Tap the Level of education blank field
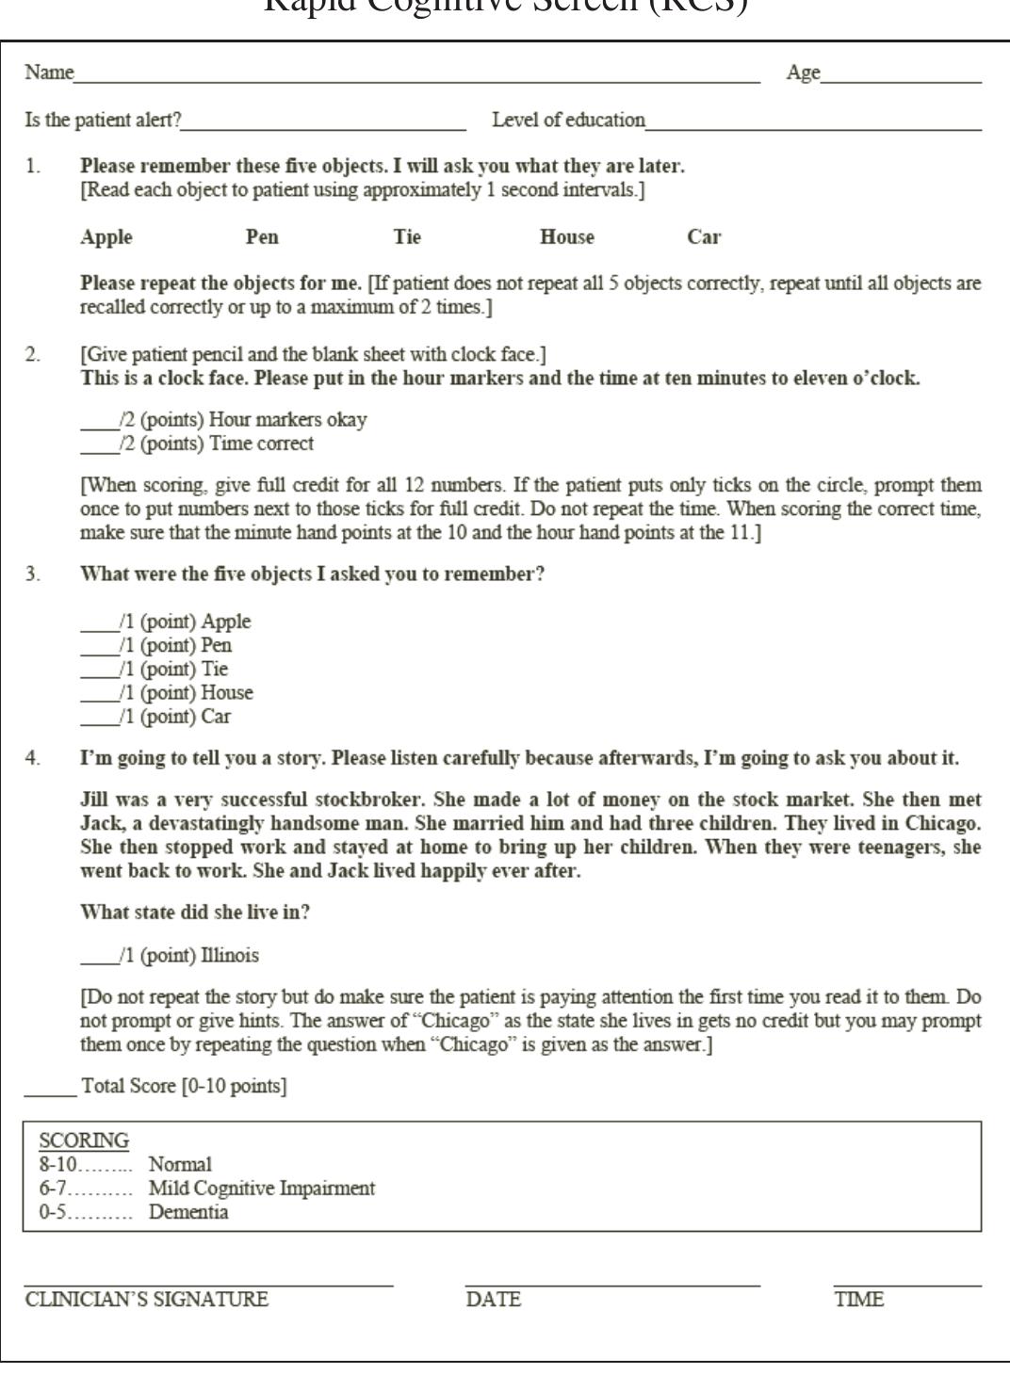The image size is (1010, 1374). point(812,122)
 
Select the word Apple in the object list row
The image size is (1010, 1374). point(106,237)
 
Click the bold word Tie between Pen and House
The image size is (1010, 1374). point(407,237)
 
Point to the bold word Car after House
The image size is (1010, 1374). point(704,237)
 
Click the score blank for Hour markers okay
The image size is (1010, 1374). point(99,423)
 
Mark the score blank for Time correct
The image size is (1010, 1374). point(99,446)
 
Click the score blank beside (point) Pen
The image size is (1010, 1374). point(99,649)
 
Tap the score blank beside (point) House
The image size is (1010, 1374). point(99,696)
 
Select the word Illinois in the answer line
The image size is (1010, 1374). point(230,956)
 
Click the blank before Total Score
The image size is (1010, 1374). point(50,1089)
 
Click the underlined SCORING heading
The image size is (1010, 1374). point(84,1140)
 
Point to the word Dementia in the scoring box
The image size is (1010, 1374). point(188,1212)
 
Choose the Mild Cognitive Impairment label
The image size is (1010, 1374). point(262,1188)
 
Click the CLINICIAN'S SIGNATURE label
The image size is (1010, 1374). point(146,1301)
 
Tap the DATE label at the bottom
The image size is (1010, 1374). point(493,1301)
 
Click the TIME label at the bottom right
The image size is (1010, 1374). point(858,1301)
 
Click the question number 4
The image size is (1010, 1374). point(33,759)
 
